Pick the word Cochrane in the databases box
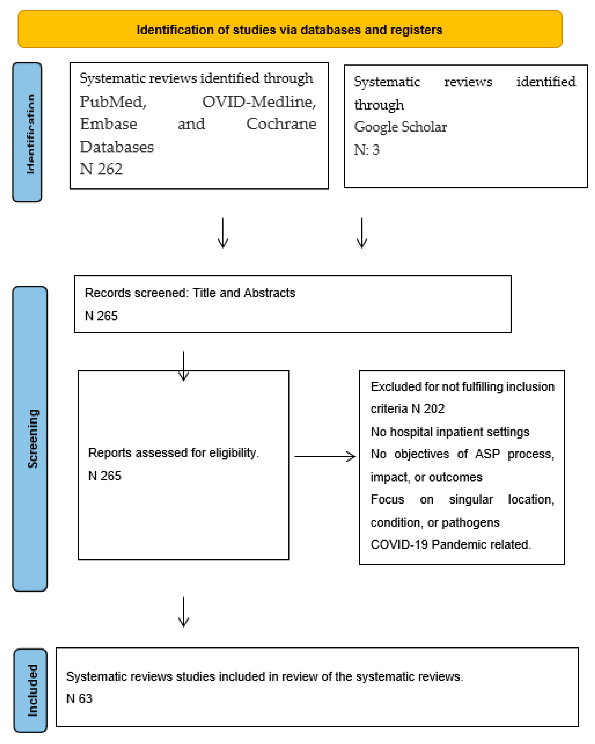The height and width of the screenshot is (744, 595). tap(281, 124)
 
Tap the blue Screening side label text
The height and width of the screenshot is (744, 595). tap(33, 438)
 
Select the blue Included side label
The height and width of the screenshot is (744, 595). tap(32, 690)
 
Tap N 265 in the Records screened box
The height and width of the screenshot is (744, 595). tap(101, 316)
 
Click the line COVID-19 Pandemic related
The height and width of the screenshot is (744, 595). tap(450, 544)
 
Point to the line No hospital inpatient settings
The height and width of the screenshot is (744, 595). tap(449, 432)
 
